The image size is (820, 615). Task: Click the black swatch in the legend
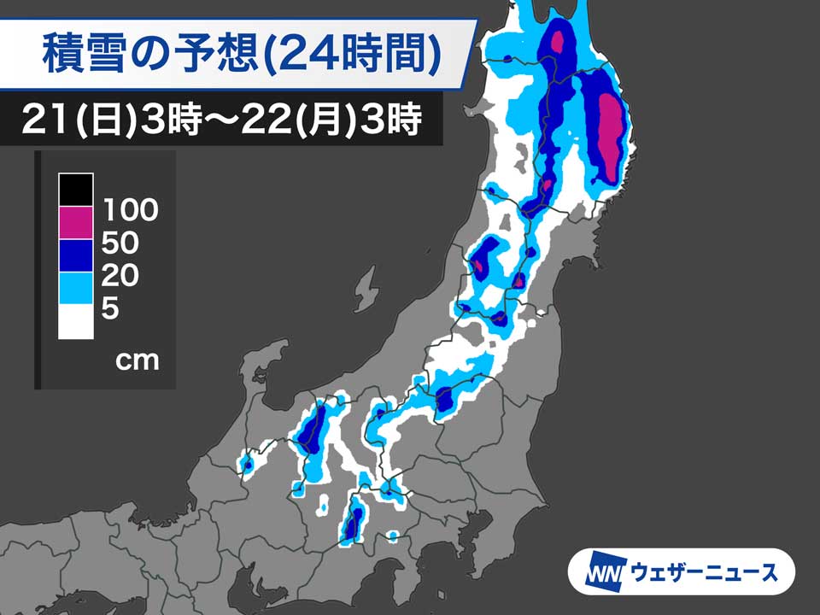tap(76, 189)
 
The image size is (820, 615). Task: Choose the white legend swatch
tap(76, 322)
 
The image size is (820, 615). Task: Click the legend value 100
tap(130, 209)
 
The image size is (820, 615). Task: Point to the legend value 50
tap(120, 243)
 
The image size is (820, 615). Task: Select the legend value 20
tap(120, 276)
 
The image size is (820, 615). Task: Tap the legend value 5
tap(110, 309)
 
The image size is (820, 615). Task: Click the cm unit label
tap(137, 360)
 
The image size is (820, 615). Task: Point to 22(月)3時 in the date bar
tap(342, 120)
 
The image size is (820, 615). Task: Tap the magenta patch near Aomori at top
tap(560, 41)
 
